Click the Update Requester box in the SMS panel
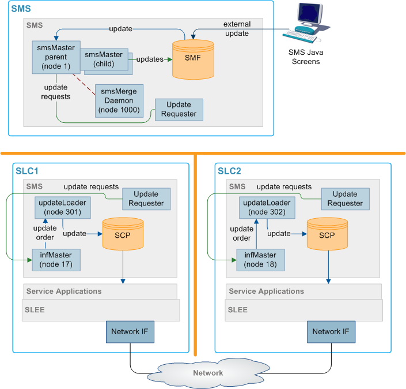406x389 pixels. click(x=179, y=109)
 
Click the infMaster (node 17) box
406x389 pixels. click(x=56, y=260)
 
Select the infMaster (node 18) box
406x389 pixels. click(x=260, y=260)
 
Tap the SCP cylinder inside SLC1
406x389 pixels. click(x=122, y=234)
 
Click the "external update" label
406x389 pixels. click(x=237, y=29)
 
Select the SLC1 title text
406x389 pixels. click(x=28, y=171)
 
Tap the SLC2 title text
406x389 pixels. click(x=230, y=171)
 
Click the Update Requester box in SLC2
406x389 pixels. click(x=345, y=199)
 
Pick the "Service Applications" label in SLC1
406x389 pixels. click(x=63, y=291)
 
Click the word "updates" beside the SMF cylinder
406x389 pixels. click(x=150, y=59)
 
